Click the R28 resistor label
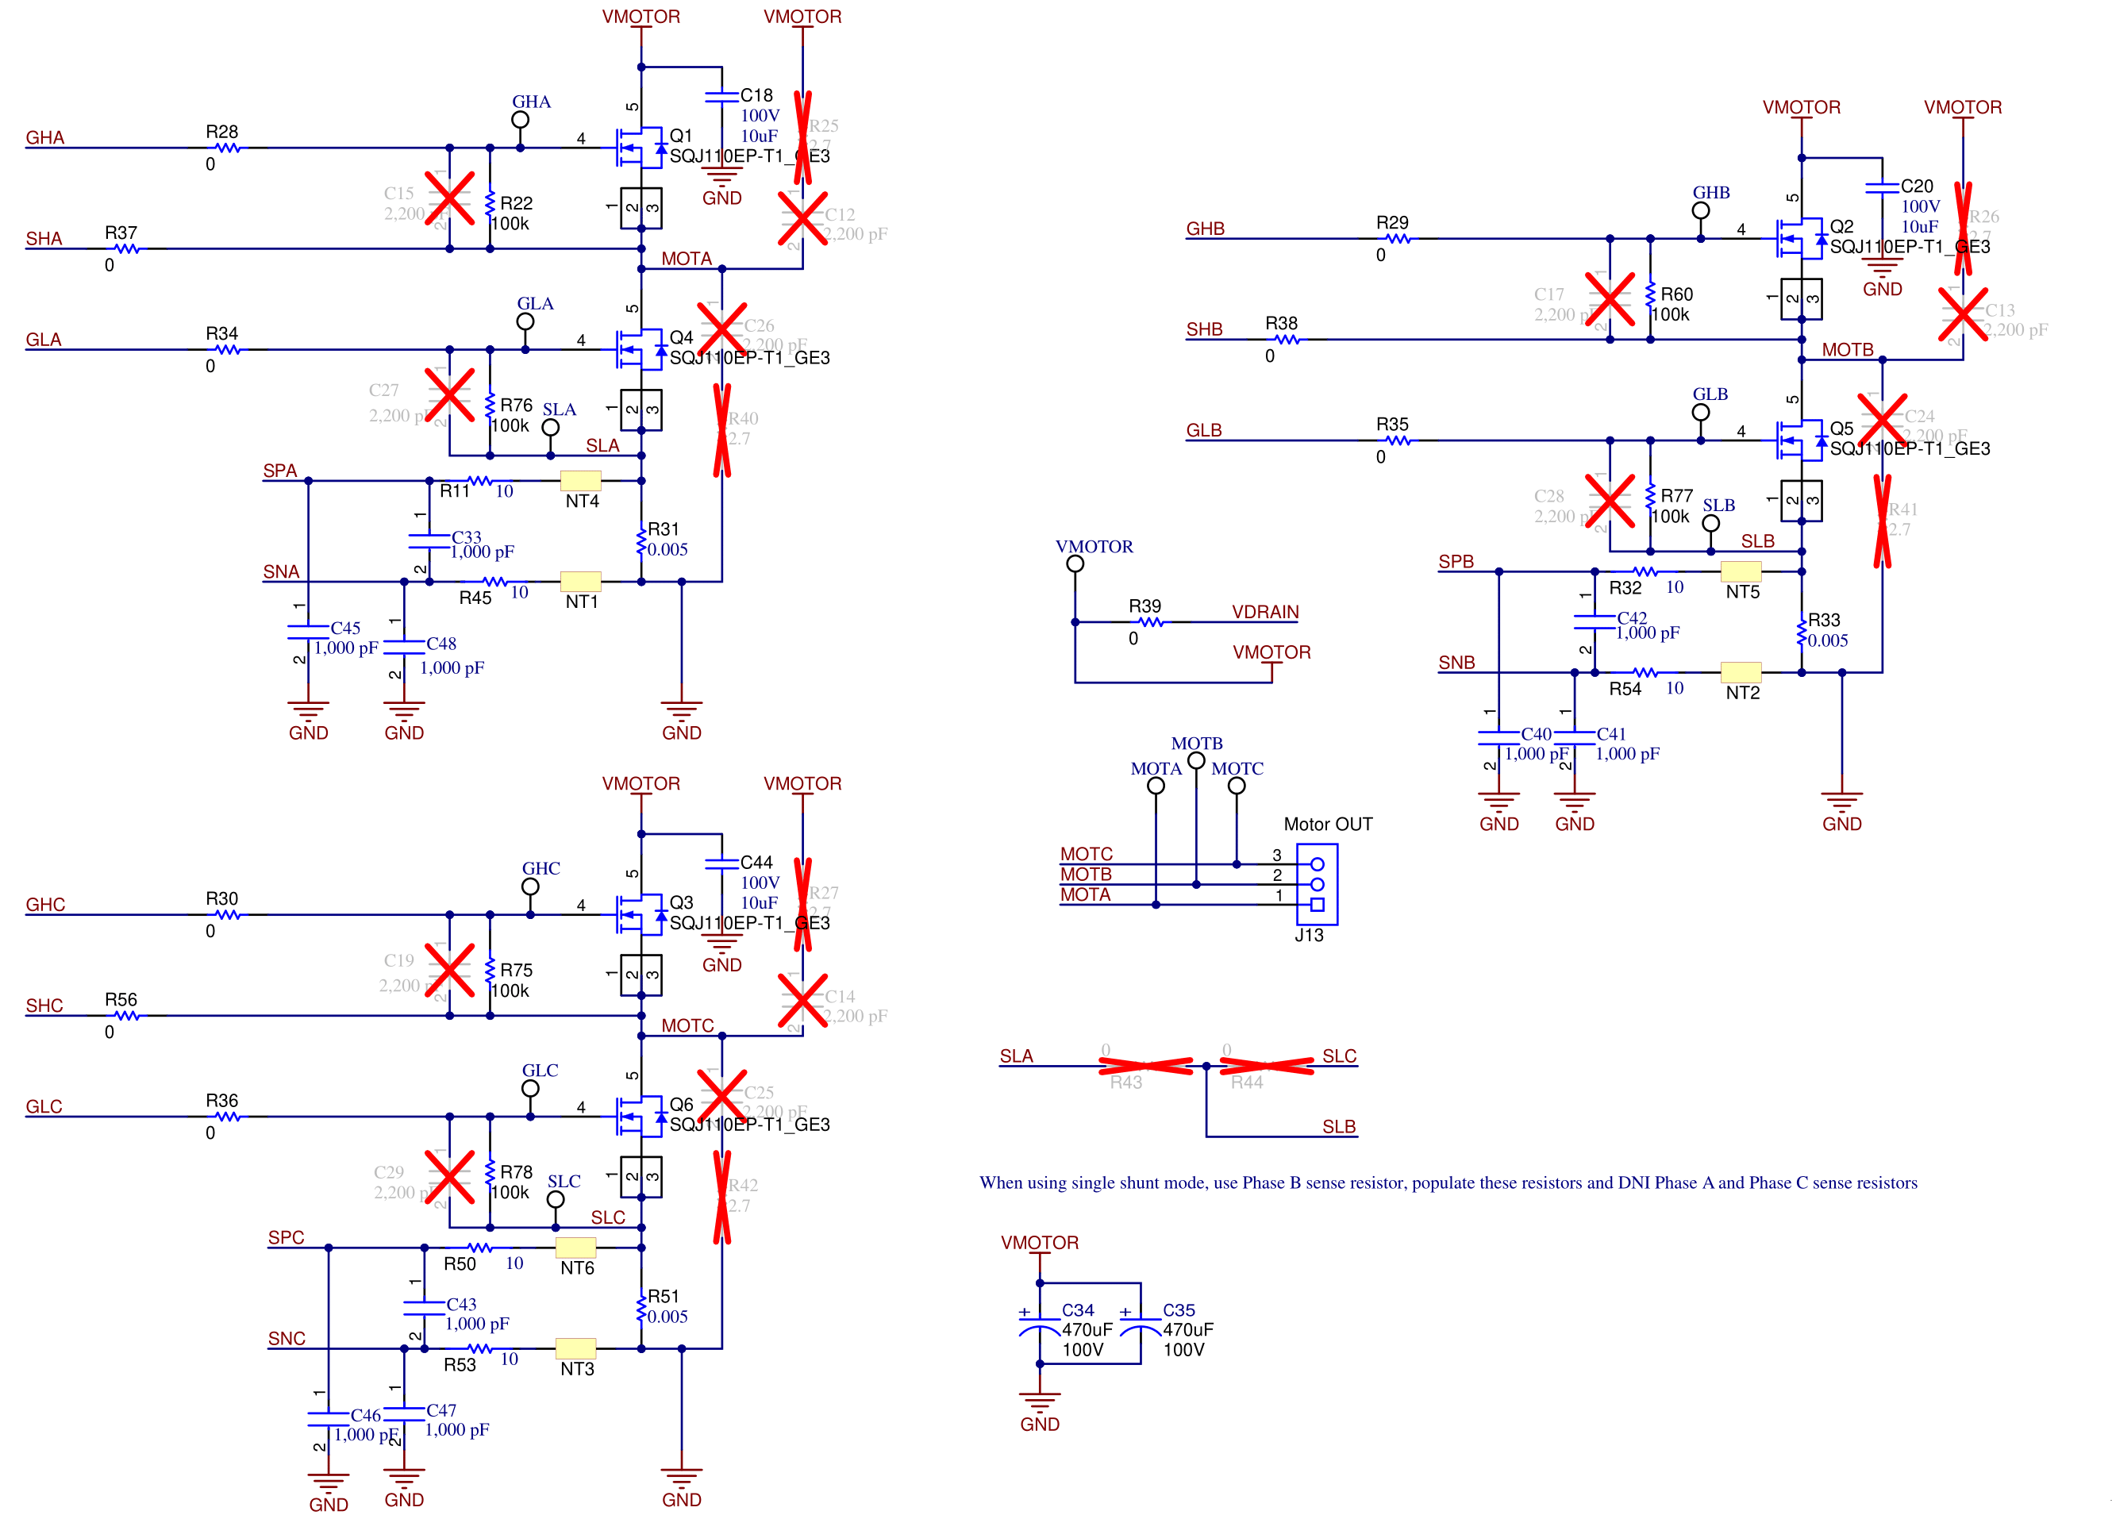[221, 131]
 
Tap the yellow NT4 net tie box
[580, 480]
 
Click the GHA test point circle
[521, 120]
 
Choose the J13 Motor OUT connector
[1317, 883]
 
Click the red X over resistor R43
[1145, 1066]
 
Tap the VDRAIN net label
[1264, 612]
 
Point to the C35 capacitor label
[1178, 1309]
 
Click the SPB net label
[1456, 562]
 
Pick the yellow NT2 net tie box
[1741, 671]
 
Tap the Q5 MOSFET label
[1841, 429]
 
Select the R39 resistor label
[1144, 606]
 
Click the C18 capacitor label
[756, 95]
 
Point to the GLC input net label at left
[44, 1106]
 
